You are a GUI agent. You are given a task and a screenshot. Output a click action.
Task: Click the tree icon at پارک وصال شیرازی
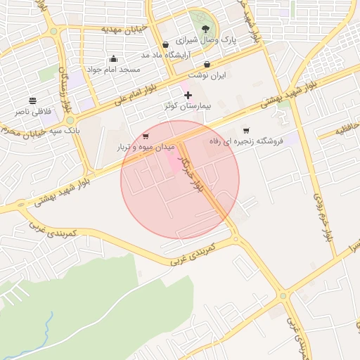coord(205,29)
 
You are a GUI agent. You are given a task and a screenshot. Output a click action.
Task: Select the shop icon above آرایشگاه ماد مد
coord(165,44)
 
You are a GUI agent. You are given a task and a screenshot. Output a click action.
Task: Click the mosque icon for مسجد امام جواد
coord(113,58)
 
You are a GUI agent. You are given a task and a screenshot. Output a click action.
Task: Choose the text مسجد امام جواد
coord(113,70)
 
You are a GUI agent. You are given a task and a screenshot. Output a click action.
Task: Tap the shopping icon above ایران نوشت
coord(207,64)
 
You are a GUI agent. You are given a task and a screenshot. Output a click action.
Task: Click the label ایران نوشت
coord(207,75)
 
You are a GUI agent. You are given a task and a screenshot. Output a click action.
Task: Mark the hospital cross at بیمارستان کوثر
coord(188,94)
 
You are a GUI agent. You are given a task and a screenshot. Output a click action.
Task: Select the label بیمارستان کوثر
coord(188,105)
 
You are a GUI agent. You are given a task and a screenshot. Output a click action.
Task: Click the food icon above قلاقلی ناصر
coord(32,101)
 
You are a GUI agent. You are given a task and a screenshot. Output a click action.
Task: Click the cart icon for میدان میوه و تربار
coord(146,136)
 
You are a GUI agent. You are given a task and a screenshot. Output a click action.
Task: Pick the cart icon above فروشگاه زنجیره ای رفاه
coord(245,130)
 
